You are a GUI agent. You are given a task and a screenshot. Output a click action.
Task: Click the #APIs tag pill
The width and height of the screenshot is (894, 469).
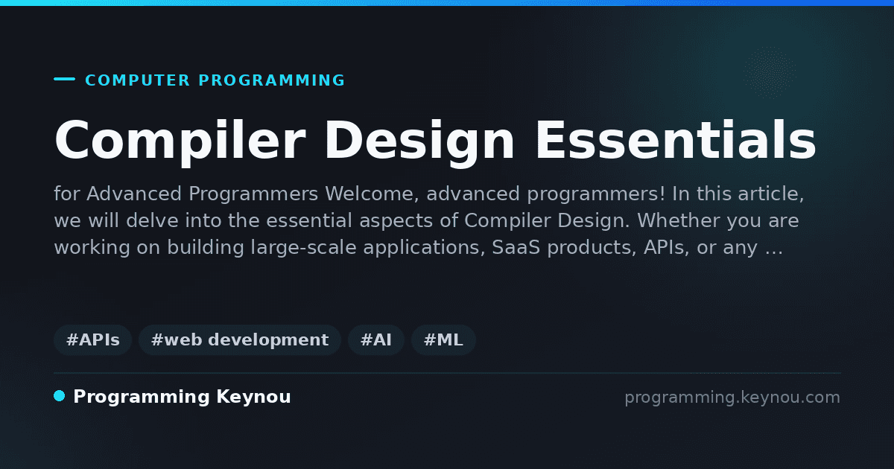(x=92, y=339)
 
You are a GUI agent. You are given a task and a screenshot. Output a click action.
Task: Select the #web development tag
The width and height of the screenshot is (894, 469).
(x=239, y=339)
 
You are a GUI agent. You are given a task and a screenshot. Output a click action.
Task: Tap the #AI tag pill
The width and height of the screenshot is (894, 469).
(x=376, y=339)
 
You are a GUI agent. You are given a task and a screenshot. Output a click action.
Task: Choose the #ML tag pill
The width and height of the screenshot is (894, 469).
(x=443, y=339)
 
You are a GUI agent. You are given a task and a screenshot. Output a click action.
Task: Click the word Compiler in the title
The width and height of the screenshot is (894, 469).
(x=180, y=141)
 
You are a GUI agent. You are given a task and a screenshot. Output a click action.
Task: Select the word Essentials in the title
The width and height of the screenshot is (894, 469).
(x=676, y=140)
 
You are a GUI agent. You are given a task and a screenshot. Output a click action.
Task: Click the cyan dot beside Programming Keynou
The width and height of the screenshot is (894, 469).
(x=60, y=396)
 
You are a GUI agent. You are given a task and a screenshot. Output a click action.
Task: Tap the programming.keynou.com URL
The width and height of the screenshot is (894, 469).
(x=732, y=398)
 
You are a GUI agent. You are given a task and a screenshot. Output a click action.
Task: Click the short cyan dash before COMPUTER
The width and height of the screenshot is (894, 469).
(x=64, y=79)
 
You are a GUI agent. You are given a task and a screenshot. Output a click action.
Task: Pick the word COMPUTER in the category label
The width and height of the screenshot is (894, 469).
(x=138, y=80)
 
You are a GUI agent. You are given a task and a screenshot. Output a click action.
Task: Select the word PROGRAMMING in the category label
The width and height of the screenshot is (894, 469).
(x=272, y=80)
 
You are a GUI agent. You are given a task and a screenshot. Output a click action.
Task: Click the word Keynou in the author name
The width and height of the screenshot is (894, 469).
(x=253, y=398)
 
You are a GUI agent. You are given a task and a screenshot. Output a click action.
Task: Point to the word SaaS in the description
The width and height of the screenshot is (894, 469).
(x=516, y=247)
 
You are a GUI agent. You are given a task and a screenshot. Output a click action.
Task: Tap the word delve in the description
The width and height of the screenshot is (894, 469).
(x=152, y=220)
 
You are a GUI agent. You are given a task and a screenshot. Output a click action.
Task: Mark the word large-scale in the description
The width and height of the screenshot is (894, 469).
(x=304, y=248)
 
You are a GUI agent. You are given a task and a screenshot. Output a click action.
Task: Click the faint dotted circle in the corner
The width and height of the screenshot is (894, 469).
(x=770, y=73)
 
